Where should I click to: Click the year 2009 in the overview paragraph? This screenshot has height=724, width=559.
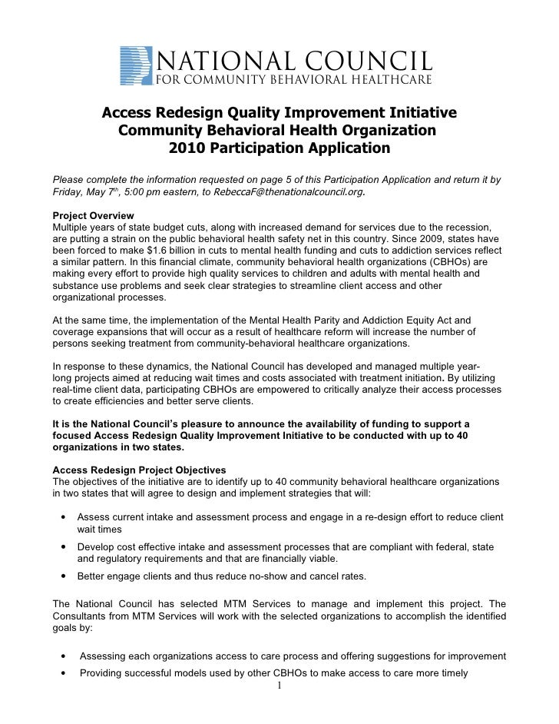(x=415, y=238)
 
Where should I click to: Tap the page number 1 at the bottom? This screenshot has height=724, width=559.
(x=280, y=686)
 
